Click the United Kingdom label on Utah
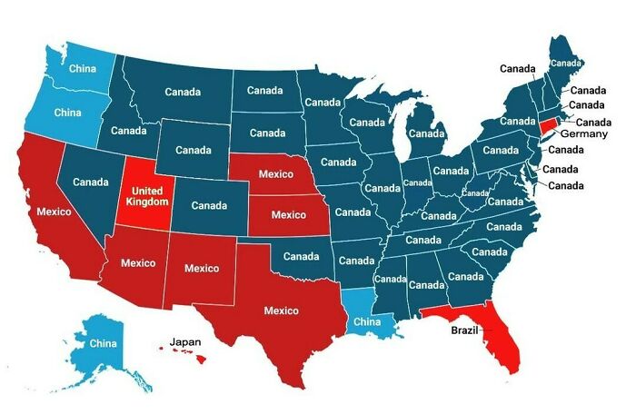(x=146, y=195)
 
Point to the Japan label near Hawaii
(x=184, y=341)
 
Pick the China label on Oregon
(x=67, y=113)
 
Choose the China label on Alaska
(x=103, y=344)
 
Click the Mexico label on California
(x=55, y=212)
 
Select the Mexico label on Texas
(x=281, y=310)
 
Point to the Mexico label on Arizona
(x=139, y=263)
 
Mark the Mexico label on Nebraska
(x=275, y=172)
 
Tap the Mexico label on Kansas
(x=288, y=215)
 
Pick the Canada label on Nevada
(x=91, y=182)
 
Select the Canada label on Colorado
(x=209, y=205)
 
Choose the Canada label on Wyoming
(x=194, y=149)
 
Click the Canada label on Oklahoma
(x=301, y=256)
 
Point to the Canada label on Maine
(x=566, y=63)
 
